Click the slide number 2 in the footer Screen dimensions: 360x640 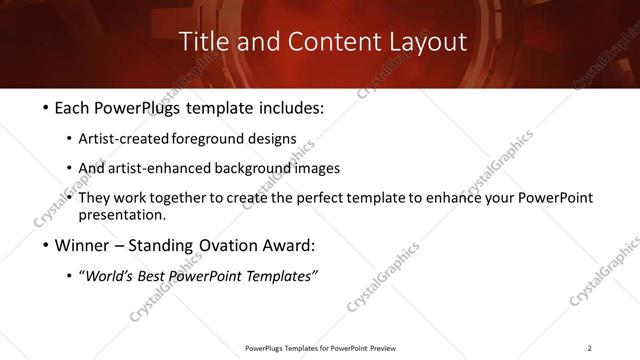(589, 347)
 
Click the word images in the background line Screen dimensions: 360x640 (318, 168)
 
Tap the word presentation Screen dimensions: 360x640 (124, 215)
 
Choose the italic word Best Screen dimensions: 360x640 (154, 276)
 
